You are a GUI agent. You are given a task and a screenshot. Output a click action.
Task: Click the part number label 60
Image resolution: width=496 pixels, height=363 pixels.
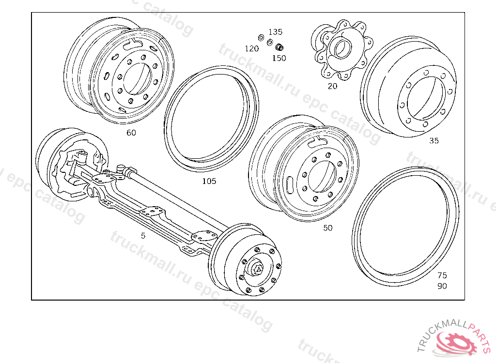[x=131, y=133]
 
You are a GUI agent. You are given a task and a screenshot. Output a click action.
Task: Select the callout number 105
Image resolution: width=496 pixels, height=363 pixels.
[x=209, y=181]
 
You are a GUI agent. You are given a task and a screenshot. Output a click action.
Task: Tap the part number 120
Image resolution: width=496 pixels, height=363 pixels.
[x=252, y=48]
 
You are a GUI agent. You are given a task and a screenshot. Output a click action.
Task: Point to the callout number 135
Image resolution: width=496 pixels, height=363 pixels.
[x=275, y=32]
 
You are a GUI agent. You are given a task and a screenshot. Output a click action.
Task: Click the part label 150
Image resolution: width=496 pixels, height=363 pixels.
[x=279, y=58]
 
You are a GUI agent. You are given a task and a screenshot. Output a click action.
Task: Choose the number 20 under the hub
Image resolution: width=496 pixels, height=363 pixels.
[x=332, y=86]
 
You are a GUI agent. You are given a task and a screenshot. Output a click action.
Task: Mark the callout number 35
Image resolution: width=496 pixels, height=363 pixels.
[x=434, y=141]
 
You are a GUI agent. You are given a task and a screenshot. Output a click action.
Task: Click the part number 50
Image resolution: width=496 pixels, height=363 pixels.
[x=328, y=228]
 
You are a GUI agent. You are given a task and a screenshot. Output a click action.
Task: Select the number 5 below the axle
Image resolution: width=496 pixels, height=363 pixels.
[x=143, y=236]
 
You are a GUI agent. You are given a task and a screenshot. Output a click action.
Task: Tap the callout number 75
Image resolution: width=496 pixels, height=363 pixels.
[x=442, y=275]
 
